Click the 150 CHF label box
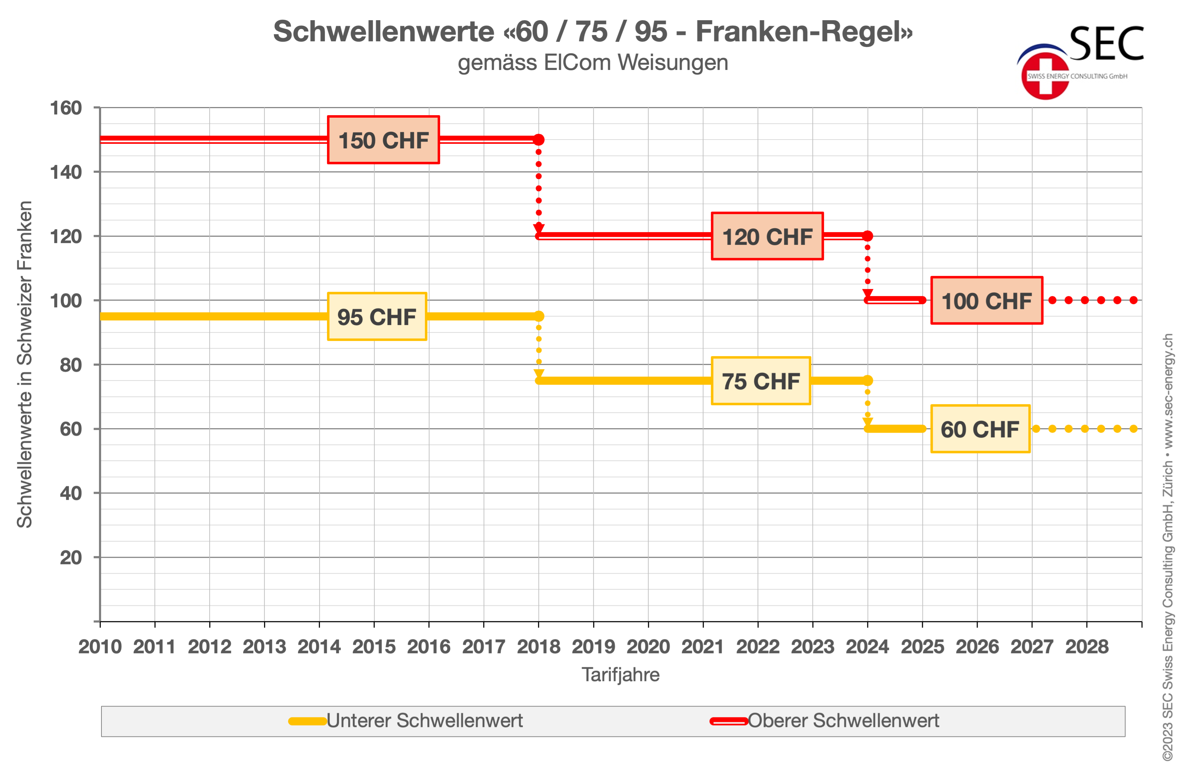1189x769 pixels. [x=383, y=140]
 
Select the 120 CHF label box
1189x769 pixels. [x=767, y=236]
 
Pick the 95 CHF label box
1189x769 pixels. [x=377, y=317]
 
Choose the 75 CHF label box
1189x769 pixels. [x=760, y=381]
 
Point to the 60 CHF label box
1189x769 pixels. [x=980, y=429]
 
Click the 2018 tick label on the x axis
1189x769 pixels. [x=538, y=647]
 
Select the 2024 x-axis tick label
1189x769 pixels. [x=867, y=647]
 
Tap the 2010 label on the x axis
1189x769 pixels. [x=100, y=647]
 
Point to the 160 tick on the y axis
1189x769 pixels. [x=66, y=108]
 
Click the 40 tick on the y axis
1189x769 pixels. [x=71, y=493]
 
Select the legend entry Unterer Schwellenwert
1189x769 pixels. [x=424, y=721]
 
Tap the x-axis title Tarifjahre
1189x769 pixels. [x=620, y=675]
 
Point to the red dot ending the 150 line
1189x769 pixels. [x=539, y=140]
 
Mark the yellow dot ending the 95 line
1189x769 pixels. [x=539, y=316]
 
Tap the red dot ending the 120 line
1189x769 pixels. [x=868, y=236]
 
